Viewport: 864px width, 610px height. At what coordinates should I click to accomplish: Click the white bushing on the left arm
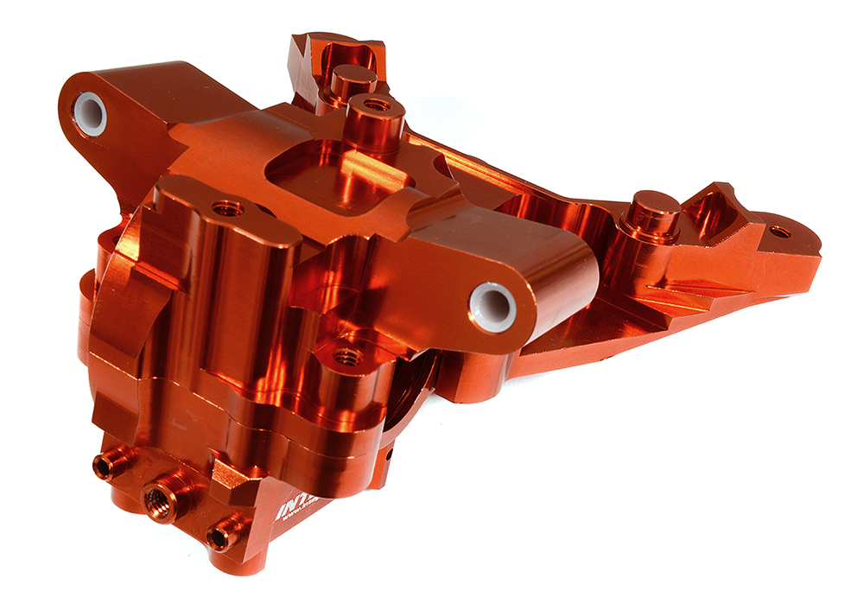[x=90, y=113]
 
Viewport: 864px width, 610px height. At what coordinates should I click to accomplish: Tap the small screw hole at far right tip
[x=778, y=231]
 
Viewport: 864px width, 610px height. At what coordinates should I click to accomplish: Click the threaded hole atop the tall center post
[x=377, y=105]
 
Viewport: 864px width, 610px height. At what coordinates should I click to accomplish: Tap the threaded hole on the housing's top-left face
[x=228, y=207]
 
